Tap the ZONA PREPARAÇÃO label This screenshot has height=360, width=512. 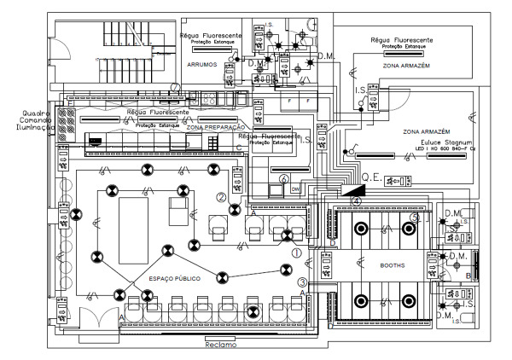213,127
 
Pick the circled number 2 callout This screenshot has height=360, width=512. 220,197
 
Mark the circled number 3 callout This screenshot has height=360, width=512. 302,282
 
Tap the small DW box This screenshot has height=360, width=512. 295,189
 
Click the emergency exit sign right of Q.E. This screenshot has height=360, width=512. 394,181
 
